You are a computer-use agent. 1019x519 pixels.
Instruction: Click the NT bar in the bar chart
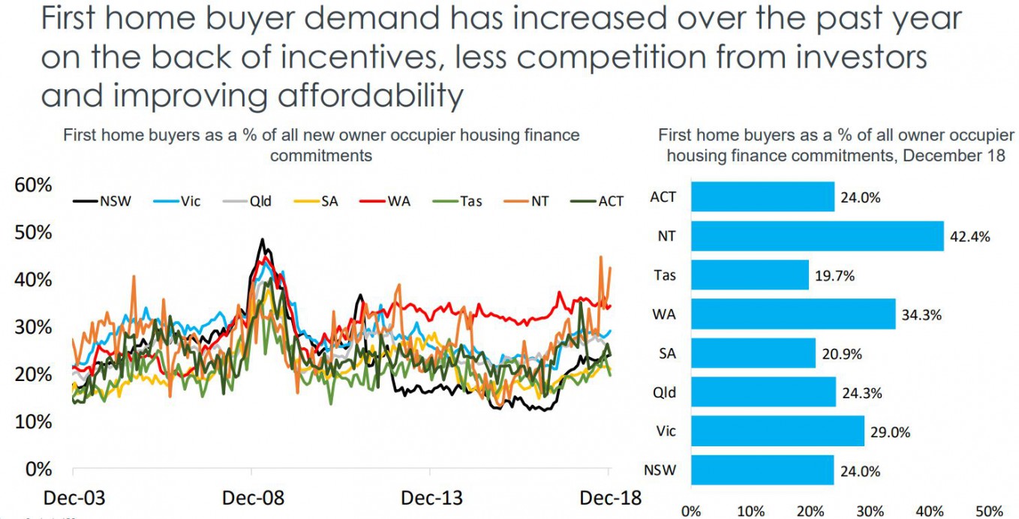pyautogui.click(x=816, y=235)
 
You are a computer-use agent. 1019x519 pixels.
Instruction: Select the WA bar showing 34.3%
pyautogui.click(x=793, y=313)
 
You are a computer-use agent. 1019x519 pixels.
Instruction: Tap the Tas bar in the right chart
pyautogui.click(x=750, y=274)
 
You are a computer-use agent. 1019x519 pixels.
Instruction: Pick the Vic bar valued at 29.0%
pyautogui.click(x=777, y=431)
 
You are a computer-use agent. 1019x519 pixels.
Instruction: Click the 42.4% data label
pyautogui.click(x=970, y=236)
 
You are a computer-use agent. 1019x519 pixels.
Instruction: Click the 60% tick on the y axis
pyautogui.click(x=34, y=185)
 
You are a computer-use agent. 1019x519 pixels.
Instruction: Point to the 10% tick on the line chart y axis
pyautogui.click(x=34, y=422)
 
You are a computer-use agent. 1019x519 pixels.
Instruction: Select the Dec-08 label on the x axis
pyautogui.click(x=252, y=499)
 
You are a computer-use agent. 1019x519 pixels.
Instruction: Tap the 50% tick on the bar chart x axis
pyautogui.click(x=990, y=511)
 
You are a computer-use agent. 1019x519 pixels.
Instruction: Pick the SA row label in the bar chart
pyautogui.click(x=666, y=352)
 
